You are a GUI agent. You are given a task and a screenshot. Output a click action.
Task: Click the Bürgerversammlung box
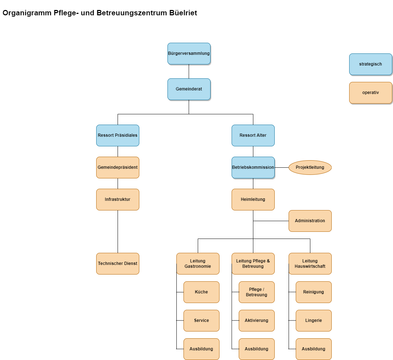click(189, 53)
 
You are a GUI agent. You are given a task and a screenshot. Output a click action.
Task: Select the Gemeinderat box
click(189, 89)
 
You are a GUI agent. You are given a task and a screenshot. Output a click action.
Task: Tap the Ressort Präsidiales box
click(118, 135)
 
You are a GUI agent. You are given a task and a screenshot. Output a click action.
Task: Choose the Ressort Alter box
click(253, 135)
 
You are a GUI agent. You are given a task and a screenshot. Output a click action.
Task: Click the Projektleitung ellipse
click(310, 167)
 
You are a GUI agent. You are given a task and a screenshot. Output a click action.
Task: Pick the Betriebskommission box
click(253, 167)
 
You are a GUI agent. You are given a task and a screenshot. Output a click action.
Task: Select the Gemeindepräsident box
click(118, 167)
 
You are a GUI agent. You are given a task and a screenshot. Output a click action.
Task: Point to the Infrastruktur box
click(118, 199)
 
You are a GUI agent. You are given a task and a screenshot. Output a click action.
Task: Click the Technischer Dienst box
click(118, 264)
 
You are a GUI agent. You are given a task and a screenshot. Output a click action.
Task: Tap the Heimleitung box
click(253, 199)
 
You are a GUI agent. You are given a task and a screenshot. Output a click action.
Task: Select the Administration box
click(310, 221)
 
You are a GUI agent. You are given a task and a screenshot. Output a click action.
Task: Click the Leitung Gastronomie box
click(198, 264)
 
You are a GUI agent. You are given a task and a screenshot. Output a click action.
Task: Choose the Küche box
click(201, 292)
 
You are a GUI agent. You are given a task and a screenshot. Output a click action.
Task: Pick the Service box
click(201, 320)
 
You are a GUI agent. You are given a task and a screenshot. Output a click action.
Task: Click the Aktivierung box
click(257, 320)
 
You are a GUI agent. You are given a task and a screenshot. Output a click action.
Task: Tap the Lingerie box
click(314, 320)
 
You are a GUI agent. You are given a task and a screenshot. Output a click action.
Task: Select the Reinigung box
click(314, 292)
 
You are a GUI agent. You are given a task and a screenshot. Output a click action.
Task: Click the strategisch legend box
click(371, 64)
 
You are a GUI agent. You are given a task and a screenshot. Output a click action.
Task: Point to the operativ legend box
click(371, 93)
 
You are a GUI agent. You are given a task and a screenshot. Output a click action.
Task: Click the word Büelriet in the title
click(183, 13)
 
